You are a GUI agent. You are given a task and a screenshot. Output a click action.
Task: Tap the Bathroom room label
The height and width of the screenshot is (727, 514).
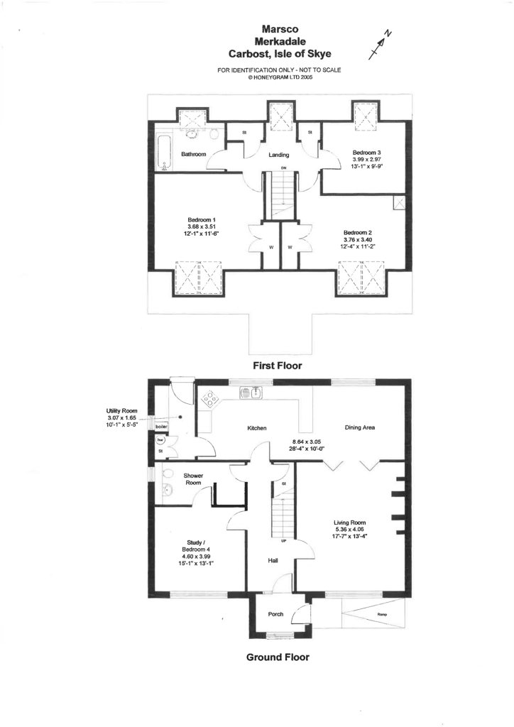193,154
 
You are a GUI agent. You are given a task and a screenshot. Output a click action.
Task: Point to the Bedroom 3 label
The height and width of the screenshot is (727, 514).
367,153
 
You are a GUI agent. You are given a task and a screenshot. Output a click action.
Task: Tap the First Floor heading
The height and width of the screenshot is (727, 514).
278,366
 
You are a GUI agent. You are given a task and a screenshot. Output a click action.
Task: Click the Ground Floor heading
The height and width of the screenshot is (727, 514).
278,657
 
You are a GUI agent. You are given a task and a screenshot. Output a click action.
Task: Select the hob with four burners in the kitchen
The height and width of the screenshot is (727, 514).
211,400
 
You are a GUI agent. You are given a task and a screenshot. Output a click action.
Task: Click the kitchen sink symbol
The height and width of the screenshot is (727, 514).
253,393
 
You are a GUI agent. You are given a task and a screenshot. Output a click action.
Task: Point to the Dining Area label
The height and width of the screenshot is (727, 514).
359,428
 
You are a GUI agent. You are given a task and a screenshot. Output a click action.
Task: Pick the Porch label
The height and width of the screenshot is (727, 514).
276,614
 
